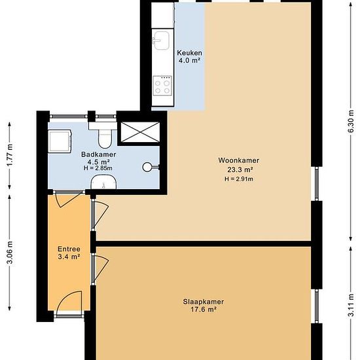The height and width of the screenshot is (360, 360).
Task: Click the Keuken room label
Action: [189, 53]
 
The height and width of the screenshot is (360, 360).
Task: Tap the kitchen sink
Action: [162, 41]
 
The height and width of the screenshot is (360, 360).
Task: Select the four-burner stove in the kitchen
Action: [162, 85]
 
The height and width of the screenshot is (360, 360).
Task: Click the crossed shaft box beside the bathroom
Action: [140, 132]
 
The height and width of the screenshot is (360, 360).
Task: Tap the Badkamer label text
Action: [98, 154]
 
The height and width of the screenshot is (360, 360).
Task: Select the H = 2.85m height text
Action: [98, 168]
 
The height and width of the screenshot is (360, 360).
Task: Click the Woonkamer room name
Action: [238, 160]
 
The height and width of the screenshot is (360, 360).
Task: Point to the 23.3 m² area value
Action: [240, 170]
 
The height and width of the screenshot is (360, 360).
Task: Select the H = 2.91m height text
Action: [239, 179]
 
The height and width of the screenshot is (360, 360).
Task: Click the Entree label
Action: [69, 249]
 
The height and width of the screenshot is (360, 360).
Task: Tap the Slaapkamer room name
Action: [203, 302]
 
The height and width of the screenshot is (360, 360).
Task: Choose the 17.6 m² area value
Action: [204, 310]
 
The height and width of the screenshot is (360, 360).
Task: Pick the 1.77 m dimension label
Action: [10, 155]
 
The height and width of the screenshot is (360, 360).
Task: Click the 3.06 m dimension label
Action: [10, 253]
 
